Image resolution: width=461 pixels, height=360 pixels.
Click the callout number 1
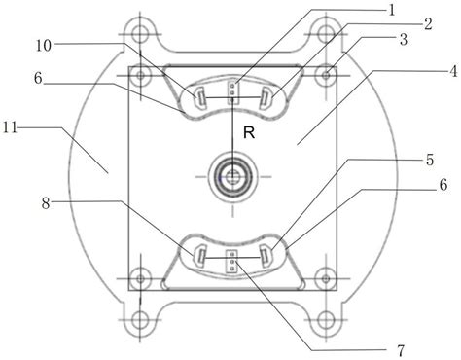(x=392, y=11)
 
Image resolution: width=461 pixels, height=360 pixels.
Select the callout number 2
(x=428, y=24)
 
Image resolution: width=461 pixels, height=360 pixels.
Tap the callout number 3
(x=404, y=40)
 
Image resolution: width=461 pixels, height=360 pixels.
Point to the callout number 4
(x=453, y=71)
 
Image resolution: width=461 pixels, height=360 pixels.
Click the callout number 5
(x=430, y=160)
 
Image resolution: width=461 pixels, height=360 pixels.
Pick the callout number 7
(x=401, y=350)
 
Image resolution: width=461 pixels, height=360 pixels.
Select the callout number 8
(x=46, y=203)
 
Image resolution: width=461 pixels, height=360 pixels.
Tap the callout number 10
(x=44, y=46)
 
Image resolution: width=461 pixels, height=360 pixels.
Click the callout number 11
(x=10, y=127)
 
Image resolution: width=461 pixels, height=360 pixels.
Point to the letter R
(x=249, y=132)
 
